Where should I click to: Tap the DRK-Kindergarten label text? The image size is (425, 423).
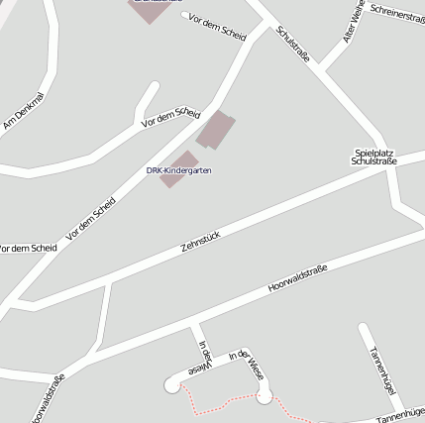[x=179, y=170]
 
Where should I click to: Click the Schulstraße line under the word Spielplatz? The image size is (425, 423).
[x=374, y=161]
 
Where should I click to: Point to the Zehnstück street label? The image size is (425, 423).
[x=201, y=241]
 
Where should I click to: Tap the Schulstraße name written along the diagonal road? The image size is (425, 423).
[x=294, y=44]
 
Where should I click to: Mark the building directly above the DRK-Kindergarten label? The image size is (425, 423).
[x=179, y=167]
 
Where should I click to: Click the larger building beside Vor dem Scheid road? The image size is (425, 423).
[x=216, y=130]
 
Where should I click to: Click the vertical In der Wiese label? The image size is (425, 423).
[x=206, y=358]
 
